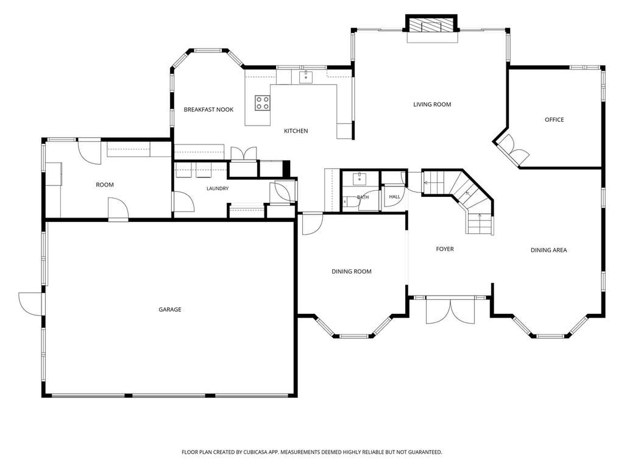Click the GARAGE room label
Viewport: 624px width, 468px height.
170,309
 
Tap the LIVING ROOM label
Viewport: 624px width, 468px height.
432,104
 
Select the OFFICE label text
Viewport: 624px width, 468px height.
555,119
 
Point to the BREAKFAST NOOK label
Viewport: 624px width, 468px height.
208,110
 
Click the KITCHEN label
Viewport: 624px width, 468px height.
296,130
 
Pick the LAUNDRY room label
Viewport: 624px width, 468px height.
218,188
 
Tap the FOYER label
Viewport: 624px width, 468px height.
445,249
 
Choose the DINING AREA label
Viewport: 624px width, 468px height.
549,250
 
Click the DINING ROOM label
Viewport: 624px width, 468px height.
352,271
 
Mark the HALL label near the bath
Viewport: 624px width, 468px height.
394,197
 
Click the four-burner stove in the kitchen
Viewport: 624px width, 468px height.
262,102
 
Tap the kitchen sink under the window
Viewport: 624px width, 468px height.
306,77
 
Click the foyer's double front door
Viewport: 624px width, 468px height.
450,311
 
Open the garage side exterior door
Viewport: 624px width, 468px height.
30,304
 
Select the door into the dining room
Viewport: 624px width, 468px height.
312,224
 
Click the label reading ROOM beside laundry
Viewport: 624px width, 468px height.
105,185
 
